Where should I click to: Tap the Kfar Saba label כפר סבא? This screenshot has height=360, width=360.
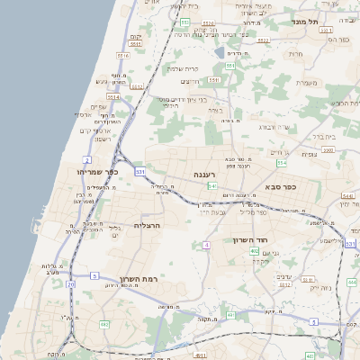(281, 187)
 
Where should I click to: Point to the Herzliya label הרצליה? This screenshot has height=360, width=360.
(147, 225)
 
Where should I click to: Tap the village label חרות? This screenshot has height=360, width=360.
(296, 54)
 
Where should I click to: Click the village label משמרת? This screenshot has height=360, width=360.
(307, 83)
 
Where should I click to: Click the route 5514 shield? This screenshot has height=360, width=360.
(113, 97)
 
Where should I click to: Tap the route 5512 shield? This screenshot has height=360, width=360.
(284, 283)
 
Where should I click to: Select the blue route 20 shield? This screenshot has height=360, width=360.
(71, 284)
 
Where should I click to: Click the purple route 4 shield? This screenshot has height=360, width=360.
(207, 245)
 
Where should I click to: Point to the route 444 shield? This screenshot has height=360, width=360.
(352, 283)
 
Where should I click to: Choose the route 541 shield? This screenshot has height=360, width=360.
(212, 186)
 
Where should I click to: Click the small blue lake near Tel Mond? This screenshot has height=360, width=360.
(220, 52)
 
